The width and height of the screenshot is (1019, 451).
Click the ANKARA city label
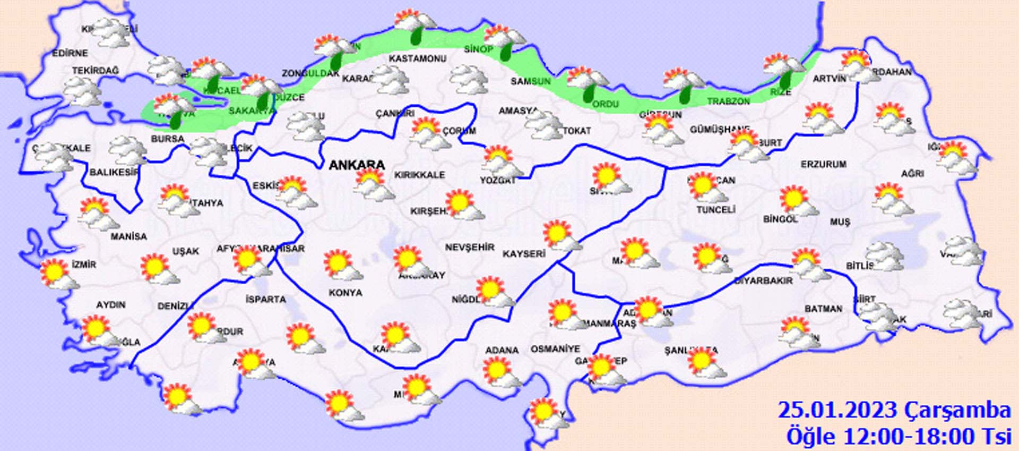(356, 165)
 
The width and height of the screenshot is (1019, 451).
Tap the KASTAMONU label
(417, 58)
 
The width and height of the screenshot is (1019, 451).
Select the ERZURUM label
(823, 165)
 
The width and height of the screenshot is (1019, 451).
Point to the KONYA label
(345, 293)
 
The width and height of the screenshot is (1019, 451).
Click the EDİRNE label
(70, 53)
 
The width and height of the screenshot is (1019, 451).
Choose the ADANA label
(502, 350)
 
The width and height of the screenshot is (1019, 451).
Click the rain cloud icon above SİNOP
(503, 40)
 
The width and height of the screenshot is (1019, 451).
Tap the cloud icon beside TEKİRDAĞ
(81, 91)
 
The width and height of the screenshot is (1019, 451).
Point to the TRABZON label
(728, 101)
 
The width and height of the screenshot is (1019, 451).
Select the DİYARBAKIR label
(763, 280)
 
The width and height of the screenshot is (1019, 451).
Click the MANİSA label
(128, 236)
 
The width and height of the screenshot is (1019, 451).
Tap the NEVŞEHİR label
(469, 248)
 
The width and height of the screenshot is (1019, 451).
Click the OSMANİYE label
(555, 349)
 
